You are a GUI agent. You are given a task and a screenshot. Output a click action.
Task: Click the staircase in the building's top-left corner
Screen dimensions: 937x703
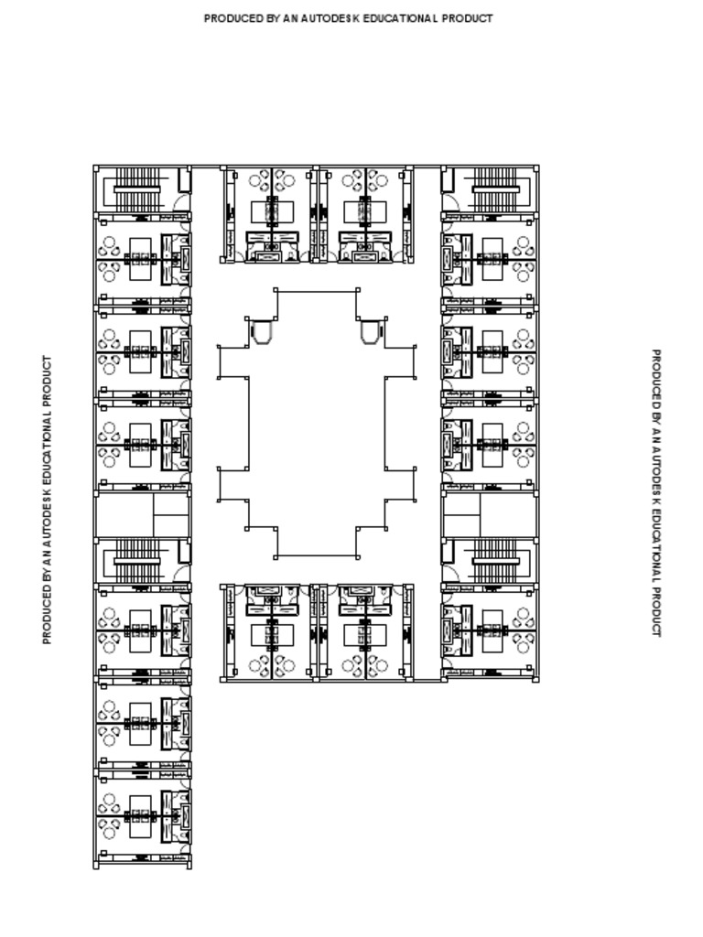click(137, 188)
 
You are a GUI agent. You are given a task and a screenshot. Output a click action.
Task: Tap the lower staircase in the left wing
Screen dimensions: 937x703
click(137, 560)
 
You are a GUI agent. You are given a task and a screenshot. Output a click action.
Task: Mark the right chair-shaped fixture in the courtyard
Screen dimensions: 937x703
click(371, 330)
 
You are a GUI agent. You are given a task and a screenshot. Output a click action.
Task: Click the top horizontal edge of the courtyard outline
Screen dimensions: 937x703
click(316, 291)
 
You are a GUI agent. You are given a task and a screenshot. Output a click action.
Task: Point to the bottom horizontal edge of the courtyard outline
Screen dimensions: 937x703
click(316, 556)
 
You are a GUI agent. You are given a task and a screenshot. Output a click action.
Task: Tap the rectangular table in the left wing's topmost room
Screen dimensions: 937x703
click(140, 258)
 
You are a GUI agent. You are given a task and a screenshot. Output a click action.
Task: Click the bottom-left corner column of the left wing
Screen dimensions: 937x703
click(96, 866)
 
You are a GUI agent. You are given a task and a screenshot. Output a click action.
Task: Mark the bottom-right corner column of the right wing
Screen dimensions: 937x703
click(535, 679)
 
